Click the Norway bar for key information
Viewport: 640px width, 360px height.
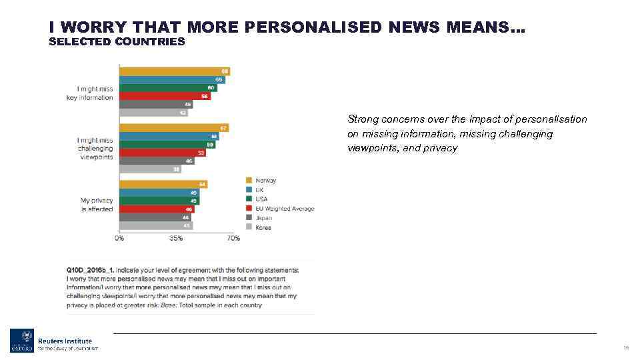click(x=175, y=71)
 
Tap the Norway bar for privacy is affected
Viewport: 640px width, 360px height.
click(x=163, y=184)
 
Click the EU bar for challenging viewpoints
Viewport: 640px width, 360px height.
click(x=162, y=153)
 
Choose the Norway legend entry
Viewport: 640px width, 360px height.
click(x=265, y=181)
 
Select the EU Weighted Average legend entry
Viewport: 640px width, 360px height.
click(x=285, y=209)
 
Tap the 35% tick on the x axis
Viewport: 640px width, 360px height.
click(x=176, y=238)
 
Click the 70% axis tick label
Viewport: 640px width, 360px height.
click(x=233, y=238)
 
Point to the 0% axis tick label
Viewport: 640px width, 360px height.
click(x=119, y=238)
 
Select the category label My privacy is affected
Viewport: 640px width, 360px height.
click(x=97, y=205)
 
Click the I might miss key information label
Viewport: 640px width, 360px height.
click(x=95, y=93)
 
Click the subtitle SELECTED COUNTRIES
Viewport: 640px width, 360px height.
click(x=117, y=42)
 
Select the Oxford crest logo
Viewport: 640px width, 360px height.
click(x=21, y=341)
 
